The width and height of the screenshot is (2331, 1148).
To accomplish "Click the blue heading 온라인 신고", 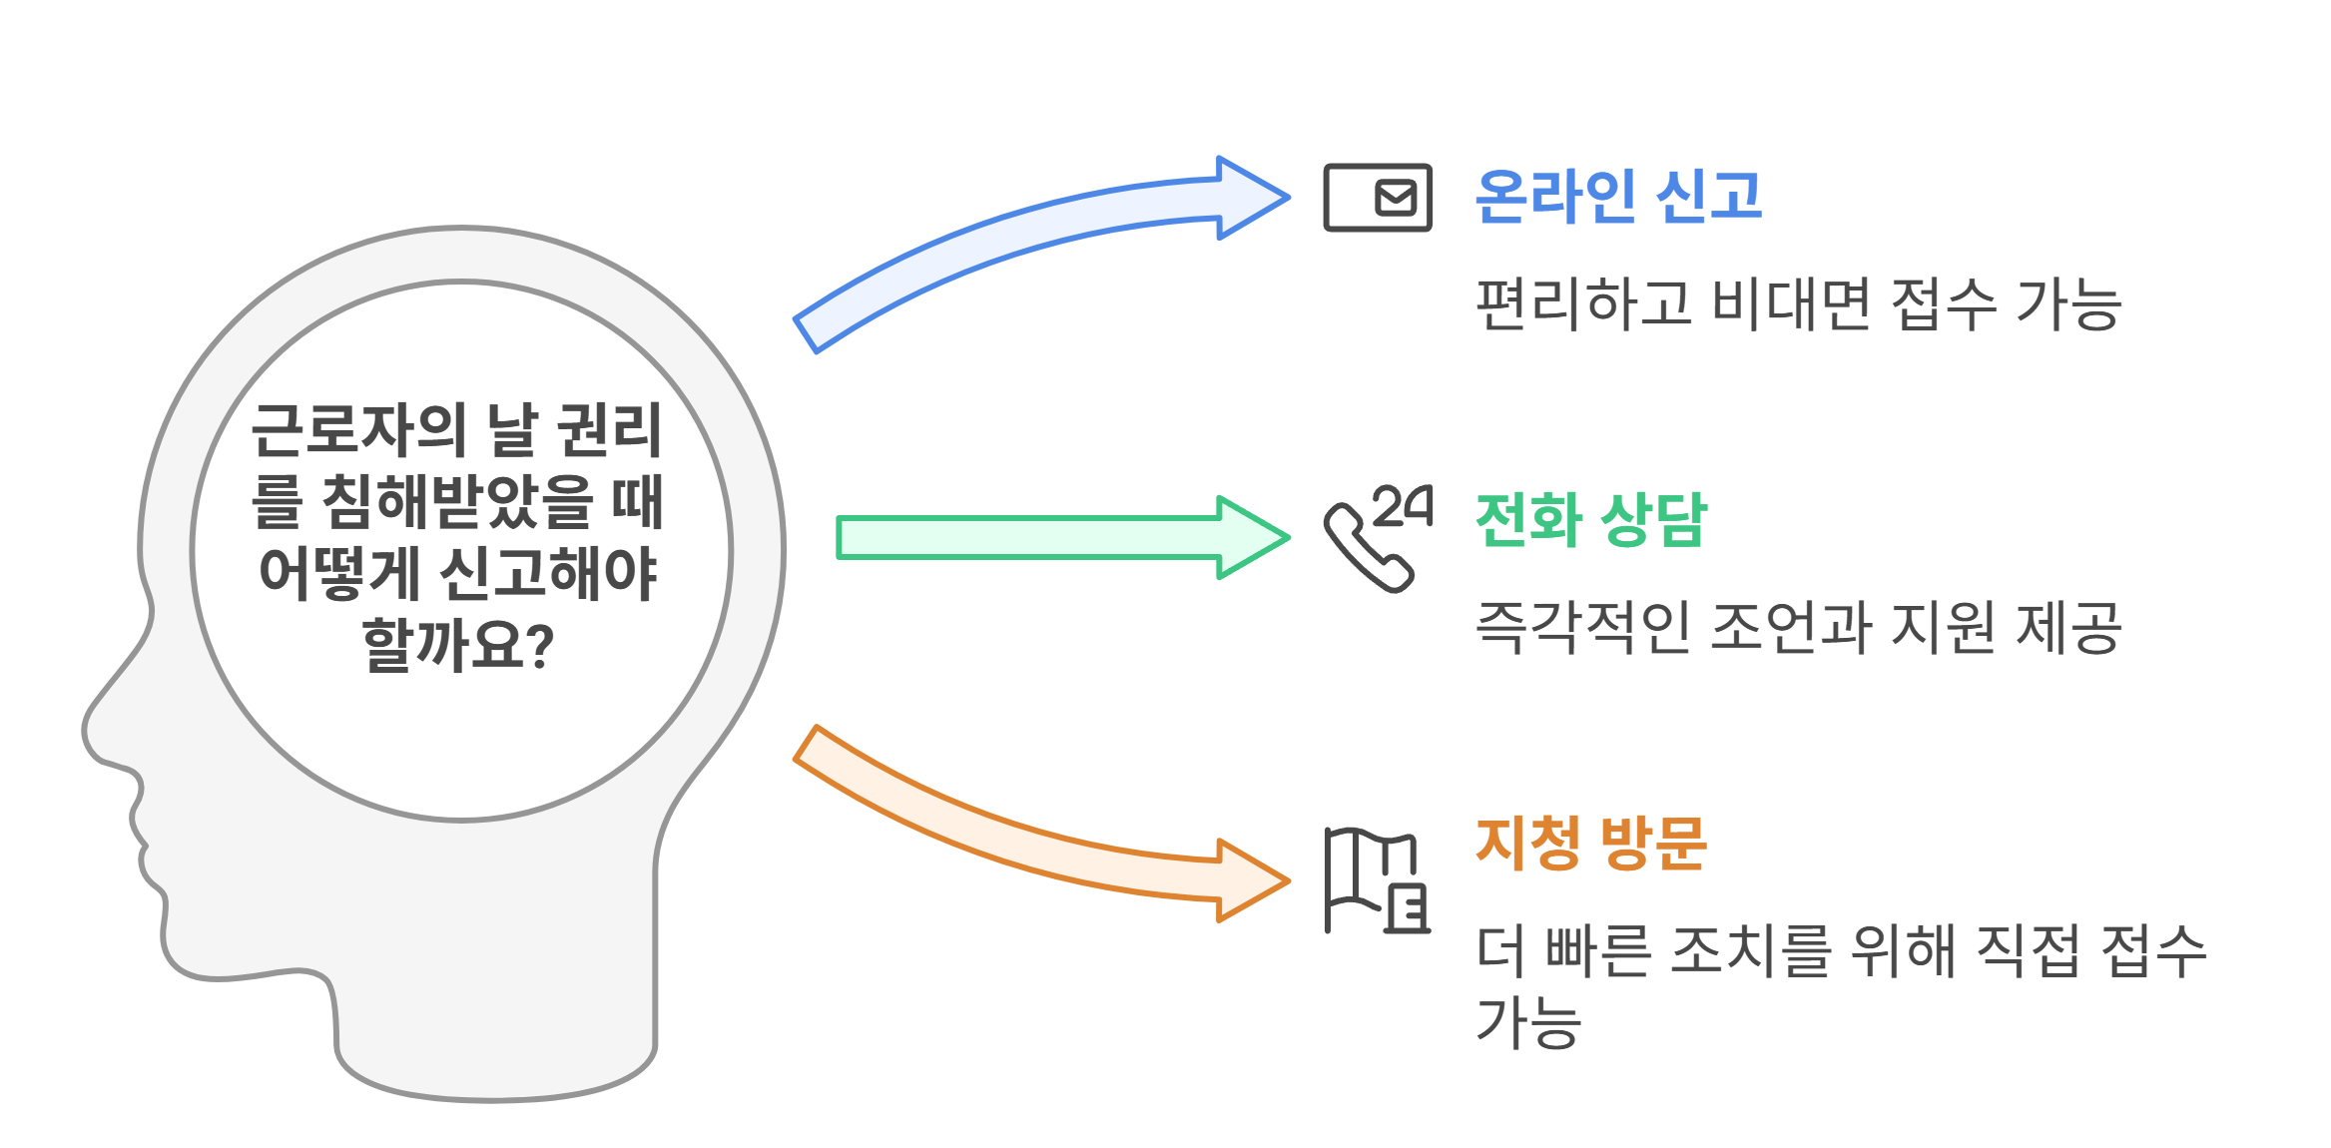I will click(1617, 196).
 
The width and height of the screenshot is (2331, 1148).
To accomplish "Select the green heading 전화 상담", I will click(1591, 519).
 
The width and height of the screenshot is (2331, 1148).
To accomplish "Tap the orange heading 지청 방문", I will click(1591, 843).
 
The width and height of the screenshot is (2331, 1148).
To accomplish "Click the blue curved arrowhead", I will click(1252, 198).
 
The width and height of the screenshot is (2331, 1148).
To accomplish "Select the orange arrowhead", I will click(1252, 880).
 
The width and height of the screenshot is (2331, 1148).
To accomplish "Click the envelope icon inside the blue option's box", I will click(1396, 198).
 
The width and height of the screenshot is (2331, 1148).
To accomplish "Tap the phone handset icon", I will click(1364, 549).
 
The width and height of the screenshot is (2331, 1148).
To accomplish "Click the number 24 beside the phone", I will click(1404, 506).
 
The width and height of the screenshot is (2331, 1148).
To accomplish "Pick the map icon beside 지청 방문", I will click(1376, 880).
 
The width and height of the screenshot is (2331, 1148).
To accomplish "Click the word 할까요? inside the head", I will click(458, 645).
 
